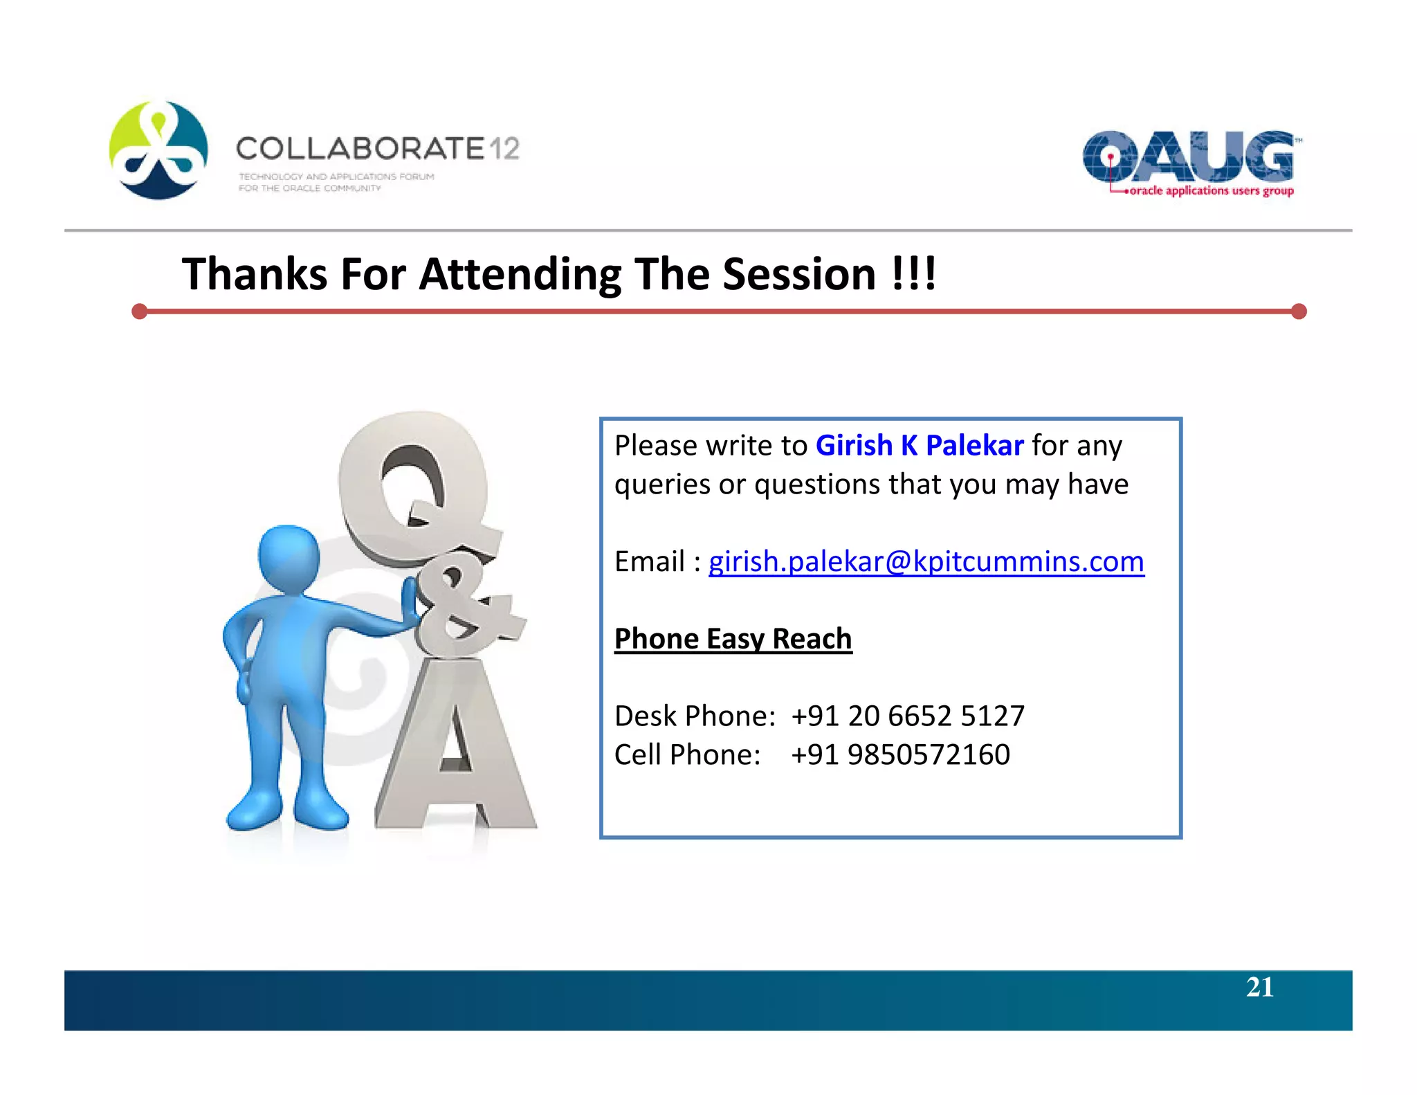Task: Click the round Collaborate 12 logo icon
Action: point(158,150)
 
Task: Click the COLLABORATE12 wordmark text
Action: point(377,149)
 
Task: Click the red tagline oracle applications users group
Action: point(1211,191)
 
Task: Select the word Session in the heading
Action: point(799,274)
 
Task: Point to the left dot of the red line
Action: point(140,311)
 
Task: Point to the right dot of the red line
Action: point(1299,311)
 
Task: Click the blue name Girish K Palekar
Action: point(919,446)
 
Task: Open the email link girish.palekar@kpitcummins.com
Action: point(926,561)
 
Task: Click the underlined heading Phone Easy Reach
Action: point(733,638)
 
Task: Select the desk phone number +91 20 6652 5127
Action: point(907,716)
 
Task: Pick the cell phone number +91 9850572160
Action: point(899,754)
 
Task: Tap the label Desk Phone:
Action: point(695,716)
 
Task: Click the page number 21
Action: point(1259,987)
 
